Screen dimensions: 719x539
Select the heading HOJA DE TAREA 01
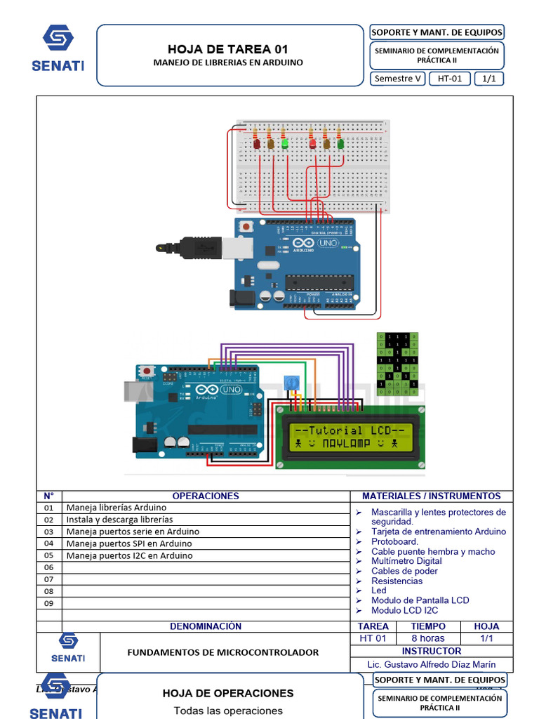[228, 49]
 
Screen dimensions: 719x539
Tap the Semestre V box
[398, 79]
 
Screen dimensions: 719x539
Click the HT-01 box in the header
[450, 79]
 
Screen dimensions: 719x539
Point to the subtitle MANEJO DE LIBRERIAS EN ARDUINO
[228, 62]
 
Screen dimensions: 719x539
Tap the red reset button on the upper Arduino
[246, 227]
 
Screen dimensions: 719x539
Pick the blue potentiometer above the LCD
[289, 383]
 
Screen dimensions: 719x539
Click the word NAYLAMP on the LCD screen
[350, 444]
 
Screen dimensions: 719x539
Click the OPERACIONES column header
[206, 496]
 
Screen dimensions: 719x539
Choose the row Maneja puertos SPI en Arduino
[128, 543]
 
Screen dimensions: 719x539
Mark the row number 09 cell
[48, 603]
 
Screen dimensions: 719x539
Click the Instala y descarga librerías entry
[119, 520]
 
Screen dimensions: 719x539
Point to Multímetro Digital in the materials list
[406, 561]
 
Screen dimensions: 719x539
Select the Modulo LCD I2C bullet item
[404, 610]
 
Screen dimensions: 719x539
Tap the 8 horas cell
[428, 638]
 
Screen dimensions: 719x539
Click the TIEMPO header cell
[428, 626]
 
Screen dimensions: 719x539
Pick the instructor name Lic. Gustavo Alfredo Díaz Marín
[431, 664]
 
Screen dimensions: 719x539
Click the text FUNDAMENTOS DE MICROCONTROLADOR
[222, 652]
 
